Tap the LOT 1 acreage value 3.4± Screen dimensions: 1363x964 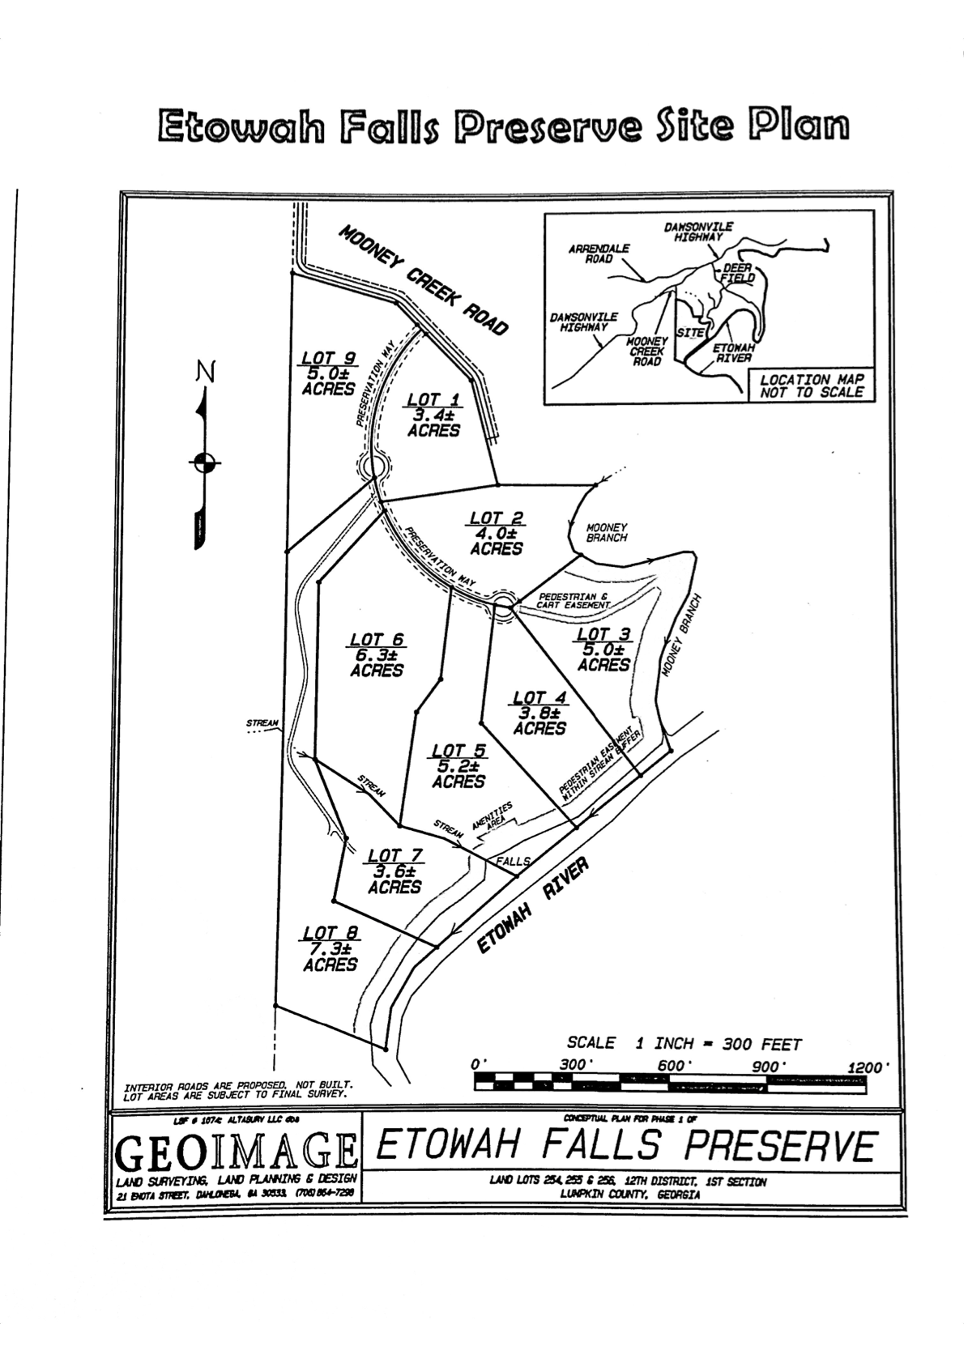tap(433, 415)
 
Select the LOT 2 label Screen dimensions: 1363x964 tap(496, 518)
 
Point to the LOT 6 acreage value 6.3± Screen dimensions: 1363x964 tap(377, 655)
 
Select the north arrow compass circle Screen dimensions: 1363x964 tap(204, 462)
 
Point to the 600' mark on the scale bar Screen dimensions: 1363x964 tap(672, 1066)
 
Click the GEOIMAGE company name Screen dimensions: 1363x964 tap(237, 1148)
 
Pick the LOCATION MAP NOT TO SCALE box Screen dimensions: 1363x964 tap(812, 385)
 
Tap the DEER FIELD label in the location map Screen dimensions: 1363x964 tap(738, 272)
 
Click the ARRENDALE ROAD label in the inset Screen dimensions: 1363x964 tap(599, 253)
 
